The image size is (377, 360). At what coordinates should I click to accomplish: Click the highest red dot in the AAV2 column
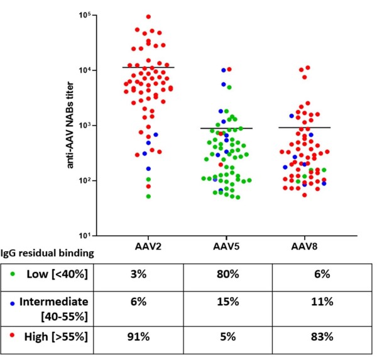148,17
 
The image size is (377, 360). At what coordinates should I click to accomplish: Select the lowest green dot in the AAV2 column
149,197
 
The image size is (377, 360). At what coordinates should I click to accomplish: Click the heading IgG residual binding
48,254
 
